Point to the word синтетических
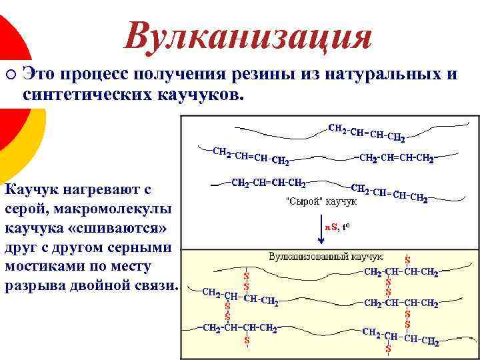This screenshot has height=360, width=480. [x=88, y=93]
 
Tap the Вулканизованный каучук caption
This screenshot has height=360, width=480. [x=326, y=256]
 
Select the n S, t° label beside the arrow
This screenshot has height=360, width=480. [x=337, y=227]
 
